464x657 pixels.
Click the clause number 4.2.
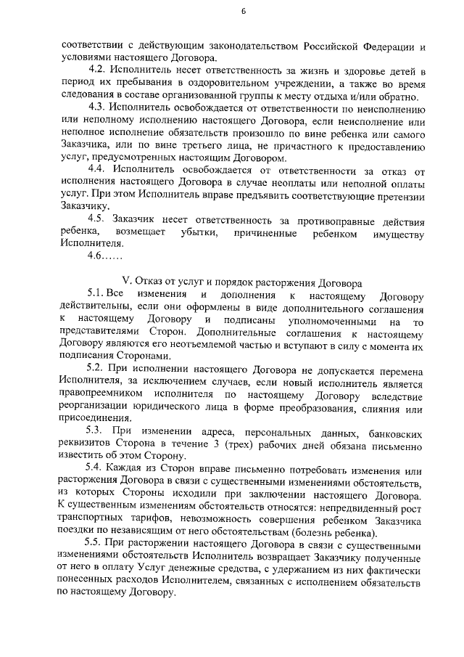click(x=96, y=73)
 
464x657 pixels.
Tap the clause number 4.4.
click(x=96, y=169)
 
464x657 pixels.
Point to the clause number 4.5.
click(x=96, y=218)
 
